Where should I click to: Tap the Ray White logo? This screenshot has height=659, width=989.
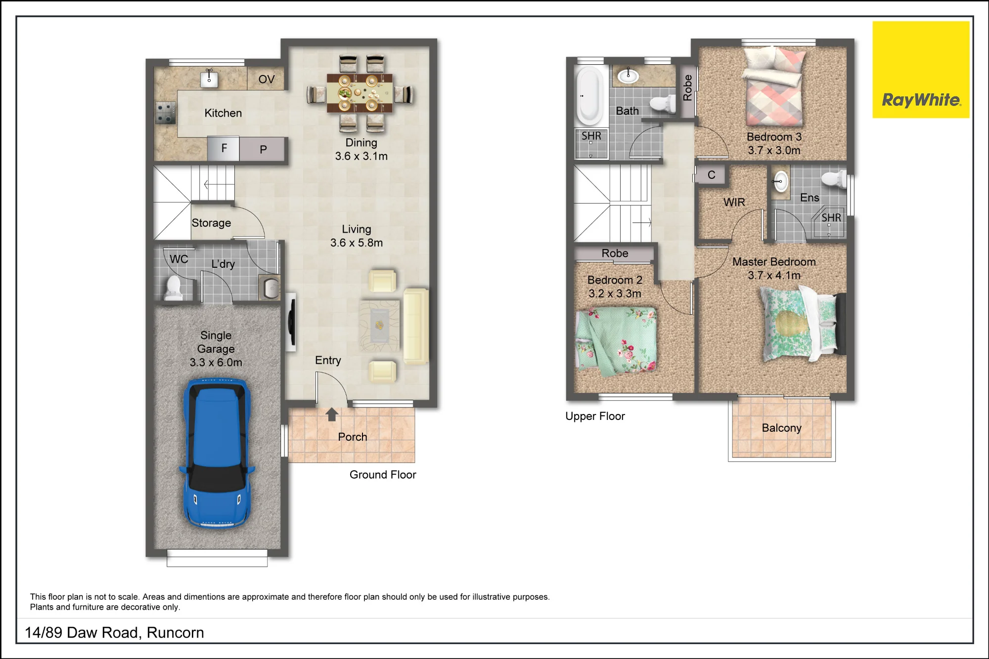[x=921, y=70]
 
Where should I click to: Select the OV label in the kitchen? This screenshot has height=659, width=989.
[x=267, y=79]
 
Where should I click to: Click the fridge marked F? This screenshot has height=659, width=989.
[x=224, y=148]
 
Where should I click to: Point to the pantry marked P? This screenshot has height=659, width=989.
[x=263, y=149]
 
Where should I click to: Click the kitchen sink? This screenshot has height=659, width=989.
[x=210, y=78]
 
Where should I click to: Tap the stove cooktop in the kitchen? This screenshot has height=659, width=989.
[x=166, y=113]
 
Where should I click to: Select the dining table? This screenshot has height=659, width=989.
[x=360, y=93]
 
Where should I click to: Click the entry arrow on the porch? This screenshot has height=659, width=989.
[x=332, y=414]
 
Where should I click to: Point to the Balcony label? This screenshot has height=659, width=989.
[x=781, y=428]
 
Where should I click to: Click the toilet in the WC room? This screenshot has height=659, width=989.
[x=173, y=288]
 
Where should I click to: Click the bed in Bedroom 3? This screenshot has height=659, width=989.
[x=774, y=85]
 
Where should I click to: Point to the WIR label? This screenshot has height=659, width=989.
[x=734, y=202]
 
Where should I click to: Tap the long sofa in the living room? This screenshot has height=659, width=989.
[x=416, y=327]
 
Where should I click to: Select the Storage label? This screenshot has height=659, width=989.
[x=211, y=223]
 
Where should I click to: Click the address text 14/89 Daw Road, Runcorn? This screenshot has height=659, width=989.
[x=115, y=633]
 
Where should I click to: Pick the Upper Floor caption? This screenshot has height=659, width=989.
[x=595, y=416]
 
